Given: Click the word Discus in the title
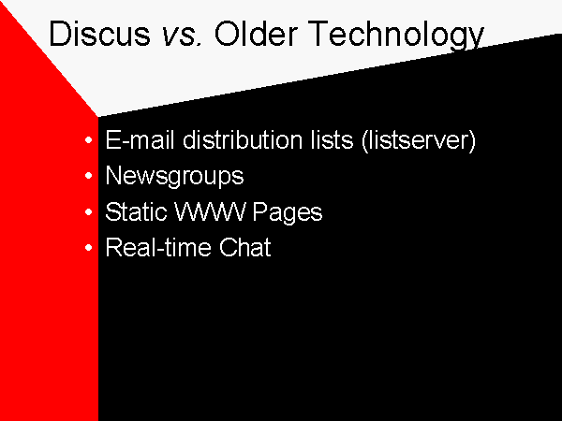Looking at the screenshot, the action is (99, 34).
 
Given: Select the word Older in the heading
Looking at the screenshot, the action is (256, 34).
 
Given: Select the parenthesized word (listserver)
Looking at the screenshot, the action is (419, 140).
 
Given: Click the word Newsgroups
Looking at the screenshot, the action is (174, 177).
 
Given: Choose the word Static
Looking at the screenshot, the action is (136, 211).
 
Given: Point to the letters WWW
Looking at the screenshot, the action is (210, 211).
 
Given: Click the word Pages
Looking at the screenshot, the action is (288, 212).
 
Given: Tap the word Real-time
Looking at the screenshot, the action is (158, 247).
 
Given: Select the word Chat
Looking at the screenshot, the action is (245, 247).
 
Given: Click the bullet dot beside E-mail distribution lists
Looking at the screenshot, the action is (89, 140).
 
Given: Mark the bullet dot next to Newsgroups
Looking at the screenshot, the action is (89, 176).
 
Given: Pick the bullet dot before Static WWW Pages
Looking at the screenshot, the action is (89, 212).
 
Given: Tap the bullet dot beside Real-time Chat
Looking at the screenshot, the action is (89, 247).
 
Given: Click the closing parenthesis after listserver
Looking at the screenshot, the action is (472, 141).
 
